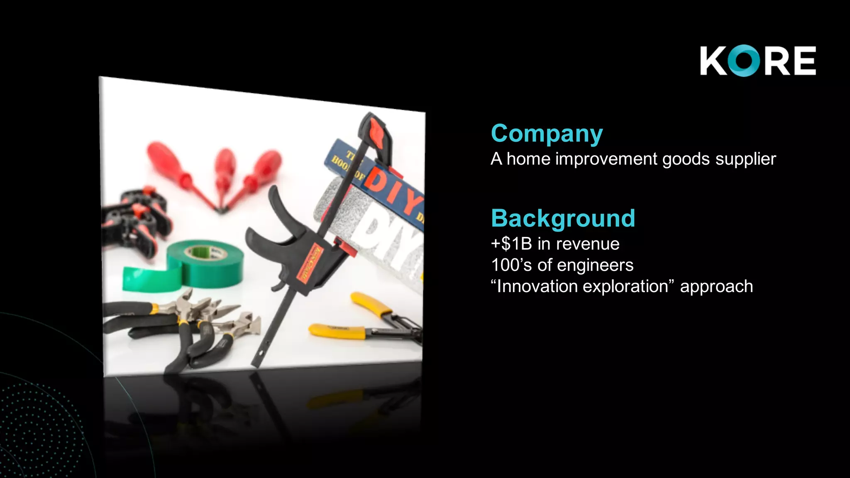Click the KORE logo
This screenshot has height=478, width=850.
pos(757,61)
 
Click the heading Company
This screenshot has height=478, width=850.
pos(547,134)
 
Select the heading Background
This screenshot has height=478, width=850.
pos(563,218)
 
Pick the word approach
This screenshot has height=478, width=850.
pos(716,287)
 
